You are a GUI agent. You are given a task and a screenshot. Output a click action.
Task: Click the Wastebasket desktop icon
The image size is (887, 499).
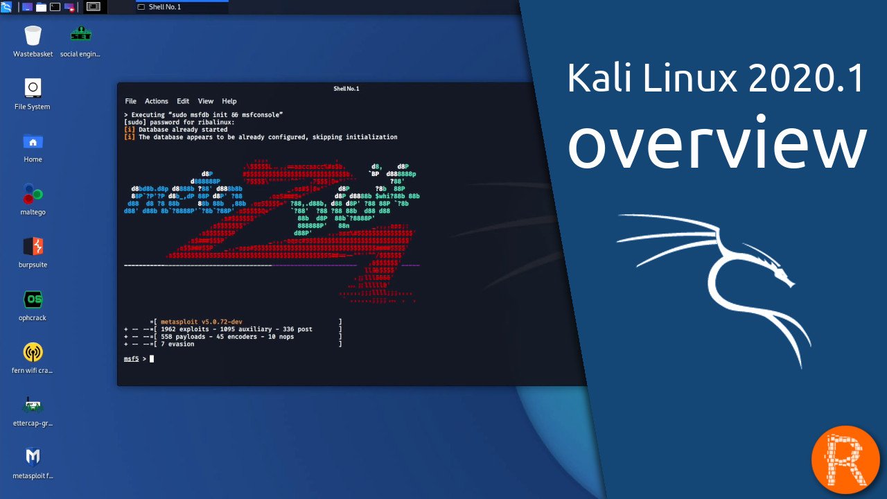[33, 35]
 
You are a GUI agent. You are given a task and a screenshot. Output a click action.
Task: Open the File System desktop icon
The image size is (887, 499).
[33, 88]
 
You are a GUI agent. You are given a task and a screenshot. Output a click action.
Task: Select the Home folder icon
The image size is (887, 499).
[33, 142]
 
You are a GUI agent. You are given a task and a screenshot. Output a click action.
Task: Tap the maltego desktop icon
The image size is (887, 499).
[33, 195]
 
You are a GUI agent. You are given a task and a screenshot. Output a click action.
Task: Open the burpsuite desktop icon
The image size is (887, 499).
[33, 247]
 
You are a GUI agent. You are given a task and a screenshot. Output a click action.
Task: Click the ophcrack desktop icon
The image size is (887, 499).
[33, 300]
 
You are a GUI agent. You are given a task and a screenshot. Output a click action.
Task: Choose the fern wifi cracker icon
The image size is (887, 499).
[33, 353]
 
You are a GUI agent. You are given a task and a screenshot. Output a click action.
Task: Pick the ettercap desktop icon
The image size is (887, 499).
[33, 405]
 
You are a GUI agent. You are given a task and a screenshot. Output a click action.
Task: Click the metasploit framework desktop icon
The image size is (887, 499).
[33, 457]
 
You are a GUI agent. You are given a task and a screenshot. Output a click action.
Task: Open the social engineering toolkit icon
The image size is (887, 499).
[80, 35]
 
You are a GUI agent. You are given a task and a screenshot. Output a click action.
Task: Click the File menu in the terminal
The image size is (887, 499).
[130, 101]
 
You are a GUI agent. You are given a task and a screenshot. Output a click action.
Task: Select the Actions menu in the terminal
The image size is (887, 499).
[157, 101]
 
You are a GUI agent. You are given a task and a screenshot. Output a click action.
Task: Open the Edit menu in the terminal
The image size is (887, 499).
[183, 101]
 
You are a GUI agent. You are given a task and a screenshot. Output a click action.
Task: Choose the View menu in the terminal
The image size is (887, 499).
[206, 101]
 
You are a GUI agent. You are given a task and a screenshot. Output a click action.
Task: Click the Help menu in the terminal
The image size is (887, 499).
[229, 101]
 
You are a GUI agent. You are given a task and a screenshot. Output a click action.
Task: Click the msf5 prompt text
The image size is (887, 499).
[131, 359]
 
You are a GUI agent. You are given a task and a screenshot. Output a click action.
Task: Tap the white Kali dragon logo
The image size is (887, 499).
[721, 277]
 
